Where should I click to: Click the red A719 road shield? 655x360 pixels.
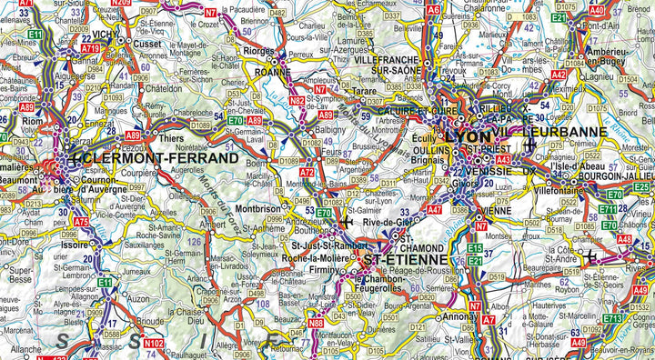point(90,48)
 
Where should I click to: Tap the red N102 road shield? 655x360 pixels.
point(154,343)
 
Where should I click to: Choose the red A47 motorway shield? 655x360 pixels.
point(434,209)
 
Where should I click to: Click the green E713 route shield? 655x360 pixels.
point(612,319)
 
